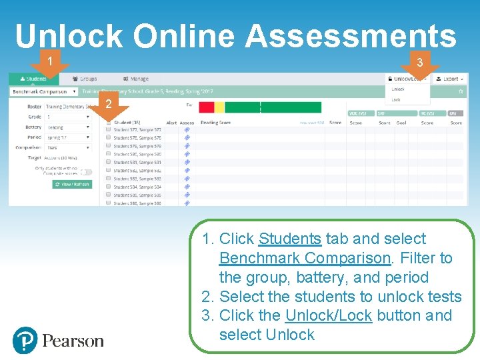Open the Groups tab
(x=85, y=79)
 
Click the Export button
(x=450, y=79)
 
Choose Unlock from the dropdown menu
(x=398, y=89)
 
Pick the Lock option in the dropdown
(x=397, y=99)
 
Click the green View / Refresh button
(x=72, y=184)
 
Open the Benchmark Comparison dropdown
(x=44, y=91)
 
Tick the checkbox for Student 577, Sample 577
(x=108, y=129)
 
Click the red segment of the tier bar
(x=207, y=107)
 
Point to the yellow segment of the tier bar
(x=219, y=107)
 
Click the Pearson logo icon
(x=26, y=341)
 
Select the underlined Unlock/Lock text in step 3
(x=328, y=315)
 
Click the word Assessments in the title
(x=351, y=37)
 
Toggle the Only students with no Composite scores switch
(x=86, y=171)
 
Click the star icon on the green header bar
(x=461, y=91)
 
